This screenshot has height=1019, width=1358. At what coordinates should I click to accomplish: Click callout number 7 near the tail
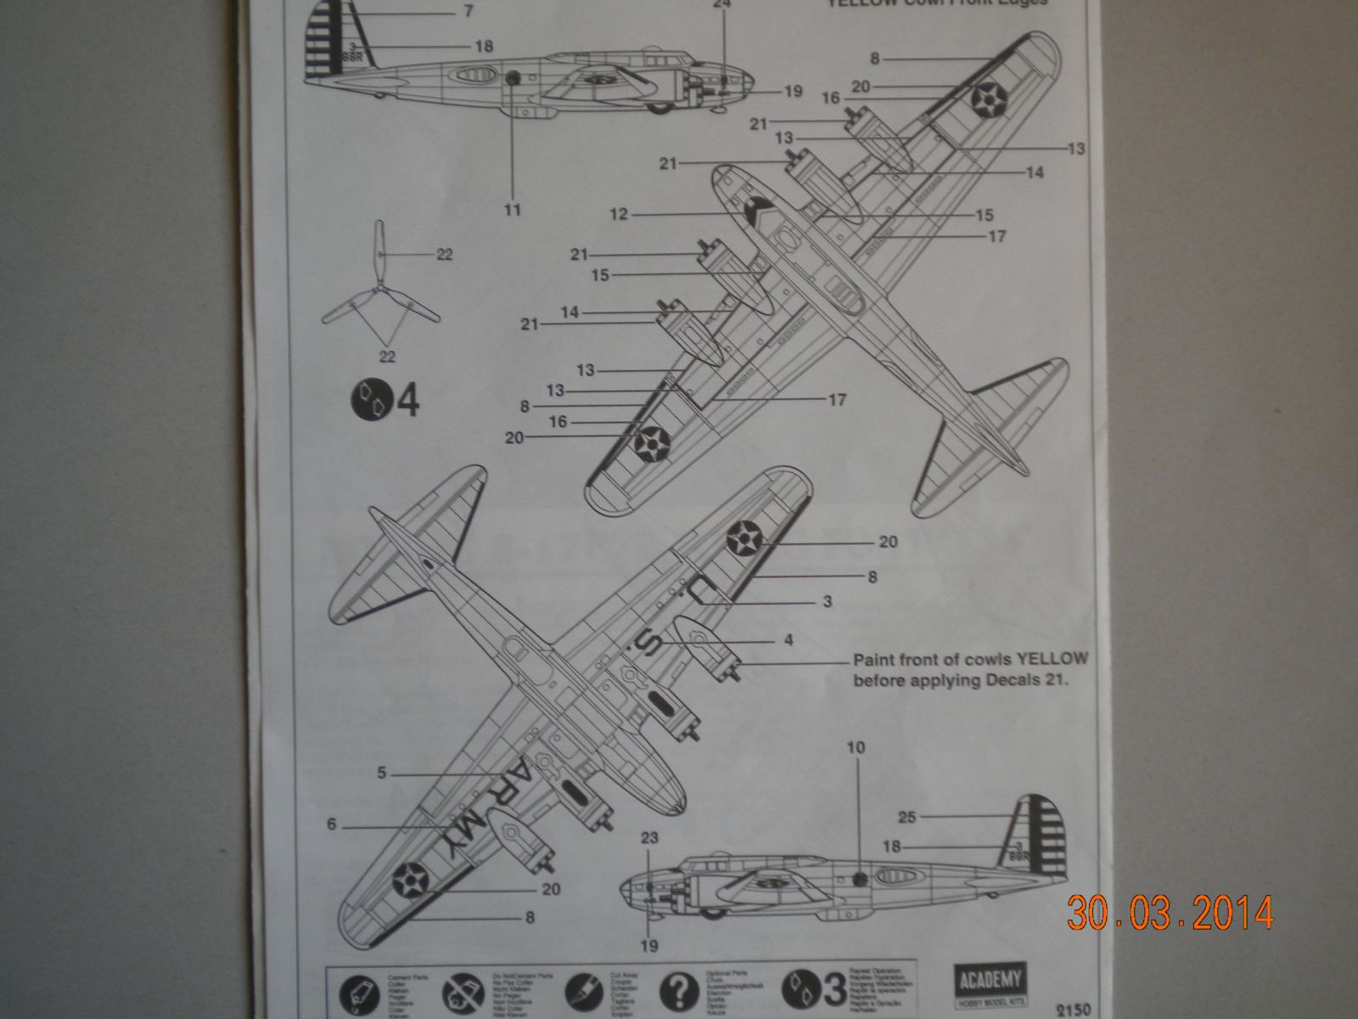tap(468, 12)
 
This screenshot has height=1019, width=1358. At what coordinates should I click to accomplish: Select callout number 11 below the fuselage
tap(513, 210)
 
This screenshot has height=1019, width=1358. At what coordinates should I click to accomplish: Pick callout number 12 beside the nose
tap(619, 214)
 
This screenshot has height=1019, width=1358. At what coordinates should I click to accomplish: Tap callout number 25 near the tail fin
tap(907, 817)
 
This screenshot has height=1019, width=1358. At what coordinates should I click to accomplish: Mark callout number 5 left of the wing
tap(382, 774)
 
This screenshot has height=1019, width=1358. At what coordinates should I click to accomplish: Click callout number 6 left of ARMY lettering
tap(332, 824)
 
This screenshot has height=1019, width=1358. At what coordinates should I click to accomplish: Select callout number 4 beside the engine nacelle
tap(788, 640)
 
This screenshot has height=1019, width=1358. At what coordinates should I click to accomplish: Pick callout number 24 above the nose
tap(722, 3)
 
